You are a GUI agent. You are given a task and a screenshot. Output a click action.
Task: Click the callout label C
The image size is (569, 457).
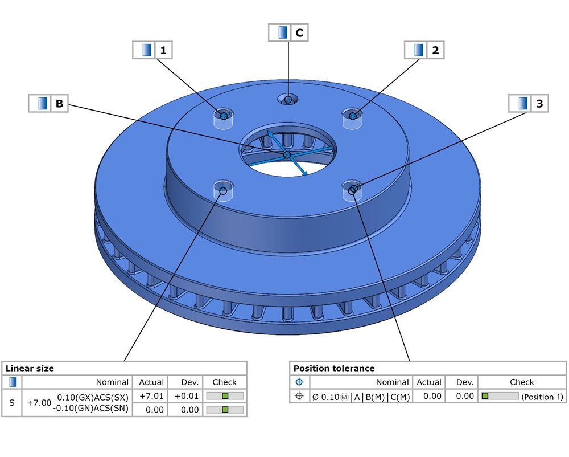coord(299,33)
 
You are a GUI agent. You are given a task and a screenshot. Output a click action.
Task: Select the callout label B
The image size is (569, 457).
coord(59,104)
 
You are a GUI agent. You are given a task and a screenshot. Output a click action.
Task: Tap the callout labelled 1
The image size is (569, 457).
coord(163,50)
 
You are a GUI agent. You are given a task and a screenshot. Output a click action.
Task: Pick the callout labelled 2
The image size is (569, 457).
coord(435,50)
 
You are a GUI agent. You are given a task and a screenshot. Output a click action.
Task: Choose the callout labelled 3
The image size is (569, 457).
coord(538,104)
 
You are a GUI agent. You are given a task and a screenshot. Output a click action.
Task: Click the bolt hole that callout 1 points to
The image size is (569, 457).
coord(224,116)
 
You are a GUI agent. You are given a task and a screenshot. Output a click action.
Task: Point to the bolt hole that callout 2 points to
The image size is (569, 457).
coord(353,116)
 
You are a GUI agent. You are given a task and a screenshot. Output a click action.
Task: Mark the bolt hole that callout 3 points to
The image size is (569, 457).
coord(353,189)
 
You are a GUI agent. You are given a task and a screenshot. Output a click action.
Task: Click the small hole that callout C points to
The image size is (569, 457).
coord(288,100)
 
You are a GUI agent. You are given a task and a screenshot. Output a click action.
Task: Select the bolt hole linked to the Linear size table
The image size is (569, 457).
coord(223,190)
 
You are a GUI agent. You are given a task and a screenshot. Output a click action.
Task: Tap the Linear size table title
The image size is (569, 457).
coord(30,368)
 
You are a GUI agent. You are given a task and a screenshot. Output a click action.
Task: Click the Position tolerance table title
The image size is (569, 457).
coord(333,368)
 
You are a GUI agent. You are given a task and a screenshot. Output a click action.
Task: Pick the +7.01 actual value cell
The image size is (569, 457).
coord(151,396)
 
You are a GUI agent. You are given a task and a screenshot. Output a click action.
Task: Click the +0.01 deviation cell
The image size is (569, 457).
coord(186,396)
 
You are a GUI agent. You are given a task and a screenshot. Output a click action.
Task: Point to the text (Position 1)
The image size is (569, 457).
coord(542,397)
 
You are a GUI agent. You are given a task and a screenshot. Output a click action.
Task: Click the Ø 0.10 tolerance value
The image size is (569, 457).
coord(326,397)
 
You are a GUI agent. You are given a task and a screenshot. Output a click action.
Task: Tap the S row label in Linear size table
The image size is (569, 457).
coord(12,403)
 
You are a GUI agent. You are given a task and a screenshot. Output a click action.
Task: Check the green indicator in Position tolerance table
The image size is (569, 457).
coord(485,396)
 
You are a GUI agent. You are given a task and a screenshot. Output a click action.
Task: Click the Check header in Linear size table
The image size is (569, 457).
coord(224,382)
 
